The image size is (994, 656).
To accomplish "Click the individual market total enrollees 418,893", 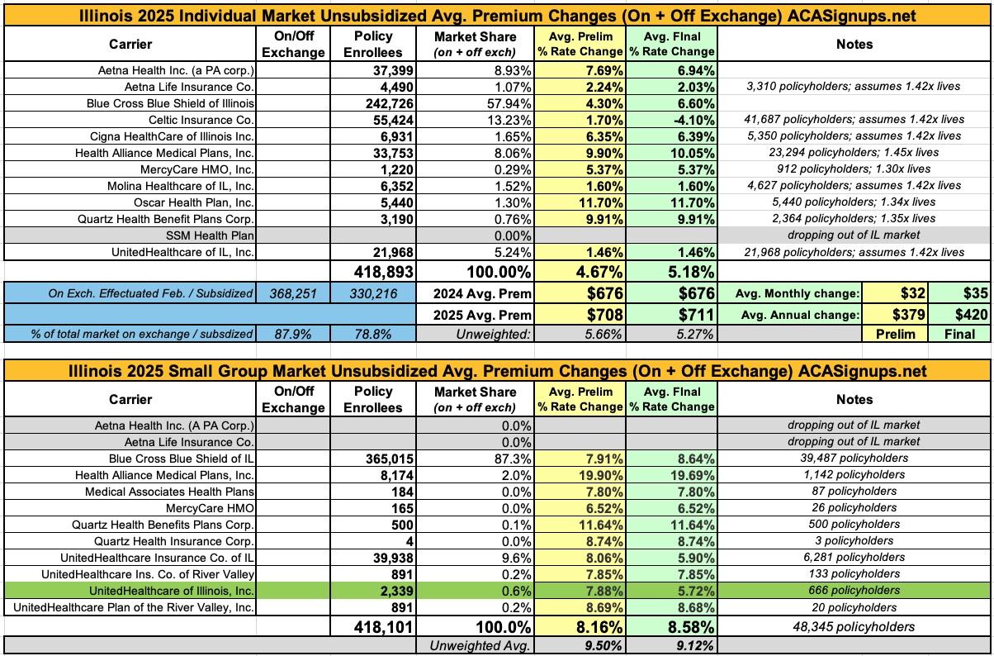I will [373, 271].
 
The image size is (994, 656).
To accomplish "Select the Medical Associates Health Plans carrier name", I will [169, 491].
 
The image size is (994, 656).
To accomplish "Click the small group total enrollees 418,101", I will [373, 627].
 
